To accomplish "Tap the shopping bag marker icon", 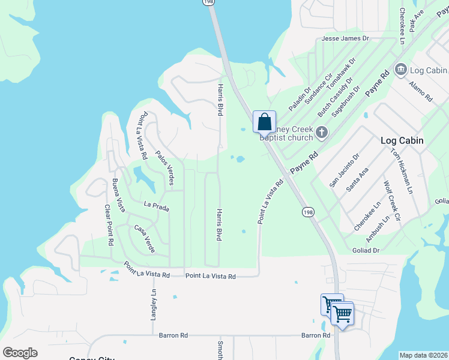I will tap(264, 122).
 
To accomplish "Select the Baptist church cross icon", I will tap(321, 131).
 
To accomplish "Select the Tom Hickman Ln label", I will tap(402, 170).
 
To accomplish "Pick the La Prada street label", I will tap(157, 206).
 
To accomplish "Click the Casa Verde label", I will tap(145, 238).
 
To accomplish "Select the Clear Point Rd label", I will tap(109, 226).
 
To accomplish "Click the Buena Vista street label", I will tap(119, 195).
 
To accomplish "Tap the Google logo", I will tap(20, 353).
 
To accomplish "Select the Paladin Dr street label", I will tap(300, 99).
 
